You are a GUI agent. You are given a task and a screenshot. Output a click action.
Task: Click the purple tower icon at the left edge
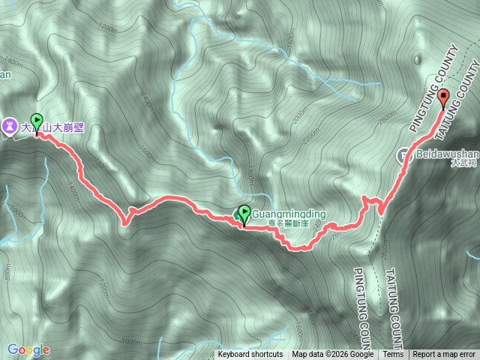pos(10,127)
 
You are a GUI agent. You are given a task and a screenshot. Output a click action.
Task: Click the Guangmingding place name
pos(289,214)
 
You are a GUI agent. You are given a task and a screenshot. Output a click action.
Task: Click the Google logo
pos(28,349)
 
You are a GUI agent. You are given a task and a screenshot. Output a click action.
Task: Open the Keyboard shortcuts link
pos(250,355)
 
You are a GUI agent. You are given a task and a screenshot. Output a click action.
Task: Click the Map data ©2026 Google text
pos(333,355)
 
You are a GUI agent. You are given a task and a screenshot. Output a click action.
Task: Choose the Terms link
pos(393,355)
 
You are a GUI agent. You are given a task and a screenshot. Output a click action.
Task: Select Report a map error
pos(444,355)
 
